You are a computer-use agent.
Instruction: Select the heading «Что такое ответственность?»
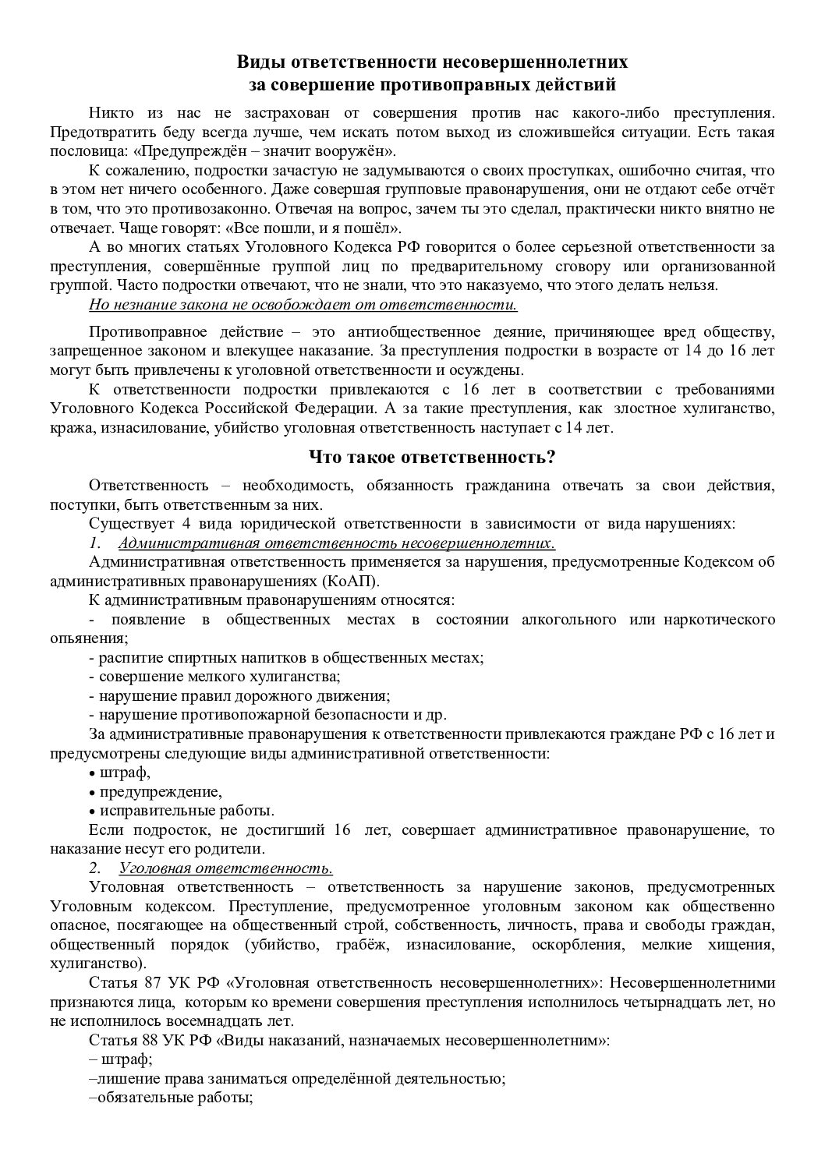pyautogui.click(x=432, y=457)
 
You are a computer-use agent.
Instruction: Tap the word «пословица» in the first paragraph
pyautogui.click(x=83, y=151)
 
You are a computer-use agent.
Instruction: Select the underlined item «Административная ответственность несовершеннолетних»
pyautogui.click(x=337, y=543)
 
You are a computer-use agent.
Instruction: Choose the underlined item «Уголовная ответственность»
pyautogui.click(x=226, y=868)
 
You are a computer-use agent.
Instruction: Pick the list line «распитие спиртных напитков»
pyautogui.click(x=287, y=657)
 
